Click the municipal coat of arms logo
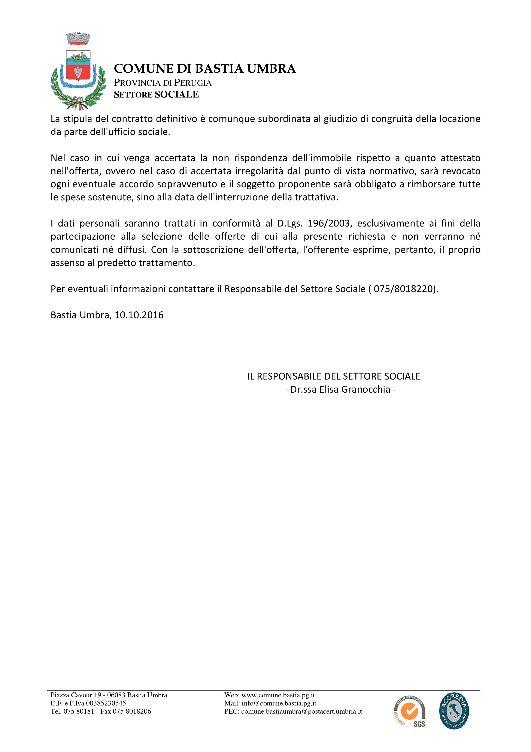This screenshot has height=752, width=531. coord(79,72)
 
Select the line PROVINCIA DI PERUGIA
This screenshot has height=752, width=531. coord(163,83)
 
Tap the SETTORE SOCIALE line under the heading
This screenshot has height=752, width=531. coord(156,95)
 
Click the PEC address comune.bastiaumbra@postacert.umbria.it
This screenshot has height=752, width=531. coord(301,711)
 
